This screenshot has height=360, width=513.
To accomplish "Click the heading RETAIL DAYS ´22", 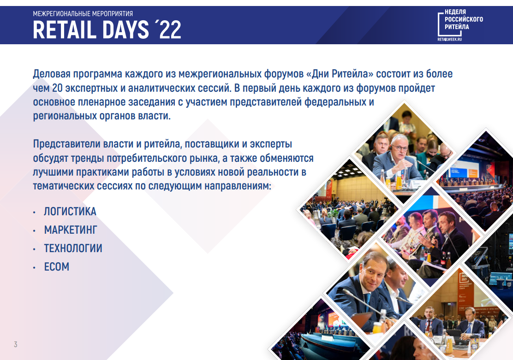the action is click(107, 30).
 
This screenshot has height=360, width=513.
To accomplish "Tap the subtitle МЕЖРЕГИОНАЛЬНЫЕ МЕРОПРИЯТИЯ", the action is click(83, 14).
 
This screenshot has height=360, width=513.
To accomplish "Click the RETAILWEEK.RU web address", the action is click(449, 39).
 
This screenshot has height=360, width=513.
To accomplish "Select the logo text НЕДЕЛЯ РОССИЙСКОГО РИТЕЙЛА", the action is click(464, 19).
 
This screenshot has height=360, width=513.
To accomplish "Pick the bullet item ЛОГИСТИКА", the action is click(70, 212).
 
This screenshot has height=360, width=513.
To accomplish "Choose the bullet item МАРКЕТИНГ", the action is click(71, 230).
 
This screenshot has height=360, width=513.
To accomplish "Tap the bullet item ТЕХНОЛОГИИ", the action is click(73, 248).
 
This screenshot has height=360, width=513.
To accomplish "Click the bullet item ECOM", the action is click(57, 267).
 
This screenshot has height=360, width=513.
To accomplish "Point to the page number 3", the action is click(15, 344).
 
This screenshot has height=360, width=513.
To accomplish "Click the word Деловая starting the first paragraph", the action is click(51, 74).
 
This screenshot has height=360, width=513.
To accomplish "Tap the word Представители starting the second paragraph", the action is click(66, 144).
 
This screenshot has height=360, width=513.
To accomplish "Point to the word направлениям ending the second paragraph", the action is click(238, 186).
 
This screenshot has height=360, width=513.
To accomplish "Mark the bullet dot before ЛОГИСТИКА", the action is click(34, 212).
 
